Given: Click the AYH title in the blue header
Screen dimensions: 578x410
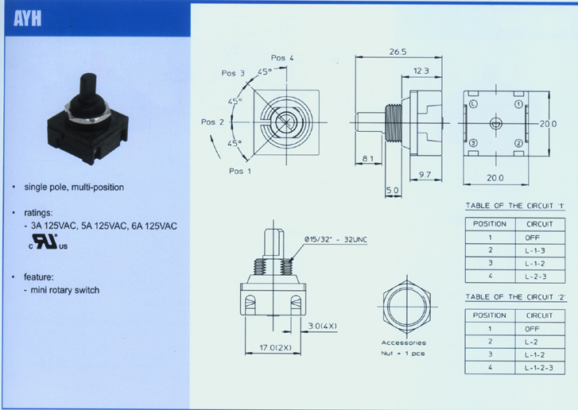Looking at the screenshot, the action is [x=27, y=18].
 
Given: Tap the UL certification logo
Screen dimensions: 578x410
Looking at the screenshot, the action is [x=48, y=242].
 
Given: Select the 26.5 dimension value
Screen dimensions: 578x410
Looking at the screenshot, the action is [x=398, y=52].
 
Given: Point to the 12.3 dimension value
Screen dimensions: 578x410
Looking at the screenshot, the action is [x=421, y=71].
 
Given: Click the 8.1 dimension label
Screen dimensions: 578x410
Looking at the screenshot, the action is [x=367, y=159].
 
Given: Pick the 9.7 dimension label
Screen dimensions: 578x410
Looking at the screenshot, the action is [x=425, y=175].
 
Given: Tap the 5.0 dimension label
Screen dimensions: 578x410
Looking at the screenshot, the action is [x=393, y=191].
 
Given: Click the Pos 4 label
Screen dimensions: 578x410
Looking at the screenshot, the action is [x=282, y=58].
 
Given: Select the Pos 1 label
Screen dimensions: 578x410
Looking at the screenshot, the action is [x=240, y=171].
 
